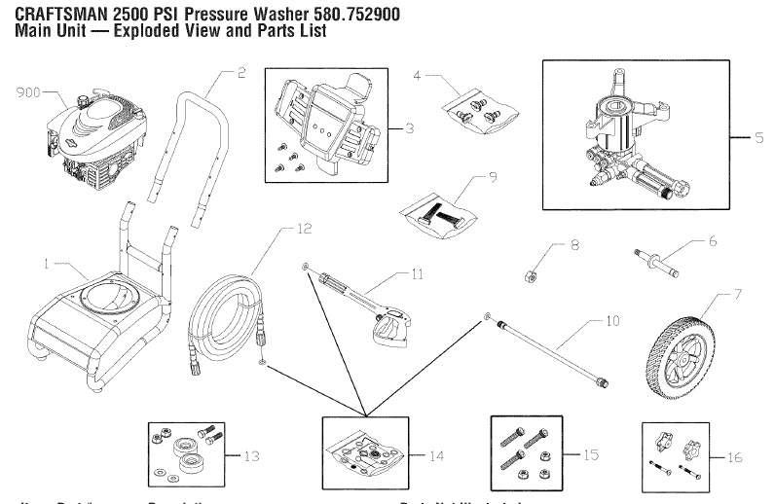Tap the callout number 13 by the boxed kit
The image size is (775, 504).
click(253, 454)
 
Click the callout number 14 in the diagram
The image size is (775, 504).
click(436, 455)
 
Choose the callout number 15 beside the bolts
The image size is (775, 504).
click(590, 454)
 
